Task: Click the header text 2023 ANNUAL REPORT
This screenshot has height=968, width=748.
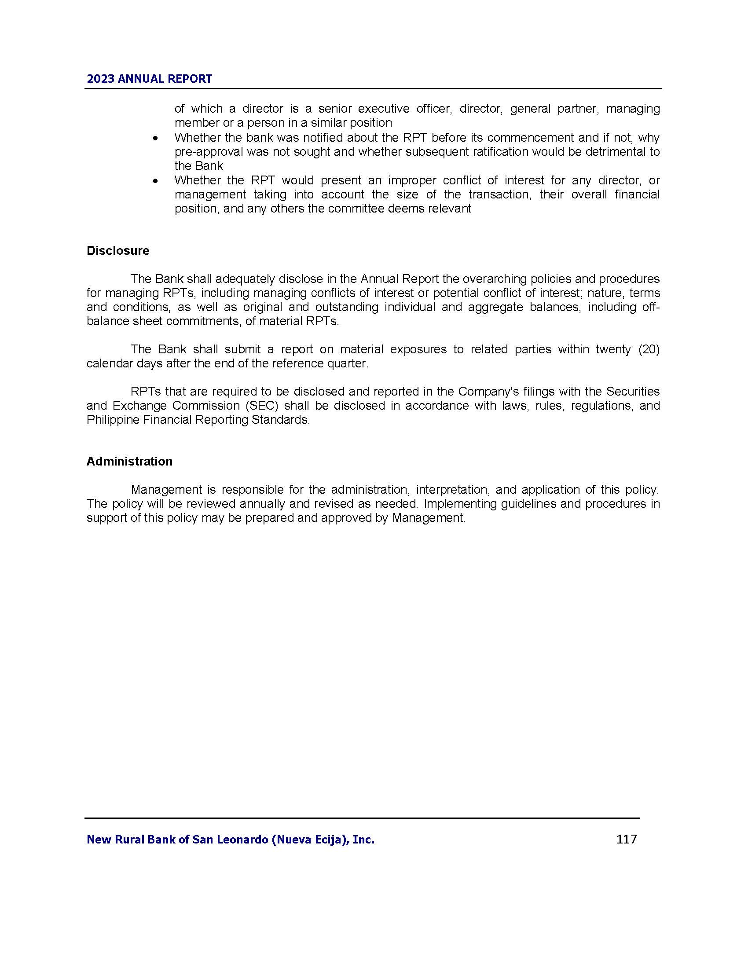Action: tap(149, 79)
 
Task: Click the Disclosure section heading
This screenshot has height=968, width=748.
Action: tap(118, 251)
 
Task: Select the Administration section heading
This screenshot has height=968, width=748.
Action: tap(129, 462)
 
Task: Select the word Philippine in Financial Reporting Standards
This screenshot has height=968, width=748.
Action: tap(113, 420)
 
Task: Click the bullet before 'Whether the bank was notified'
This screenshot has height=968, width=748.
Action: tap(154, 138)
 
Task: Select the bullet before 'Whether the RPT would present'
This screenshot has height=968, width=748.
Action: tap(154, 181)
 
